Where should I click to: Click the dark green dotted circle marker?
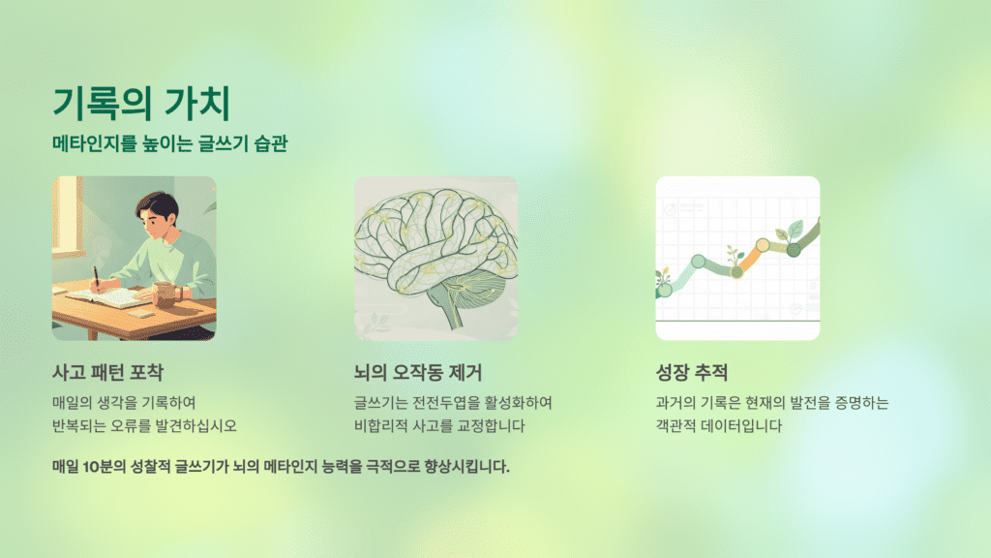794,250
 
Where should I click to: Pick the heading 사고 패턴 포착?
107,372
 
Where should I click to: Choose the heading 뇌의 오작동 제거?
418,372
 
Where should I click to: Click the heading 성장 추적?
691,372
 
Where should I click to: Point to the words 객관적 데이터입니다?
718,425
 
